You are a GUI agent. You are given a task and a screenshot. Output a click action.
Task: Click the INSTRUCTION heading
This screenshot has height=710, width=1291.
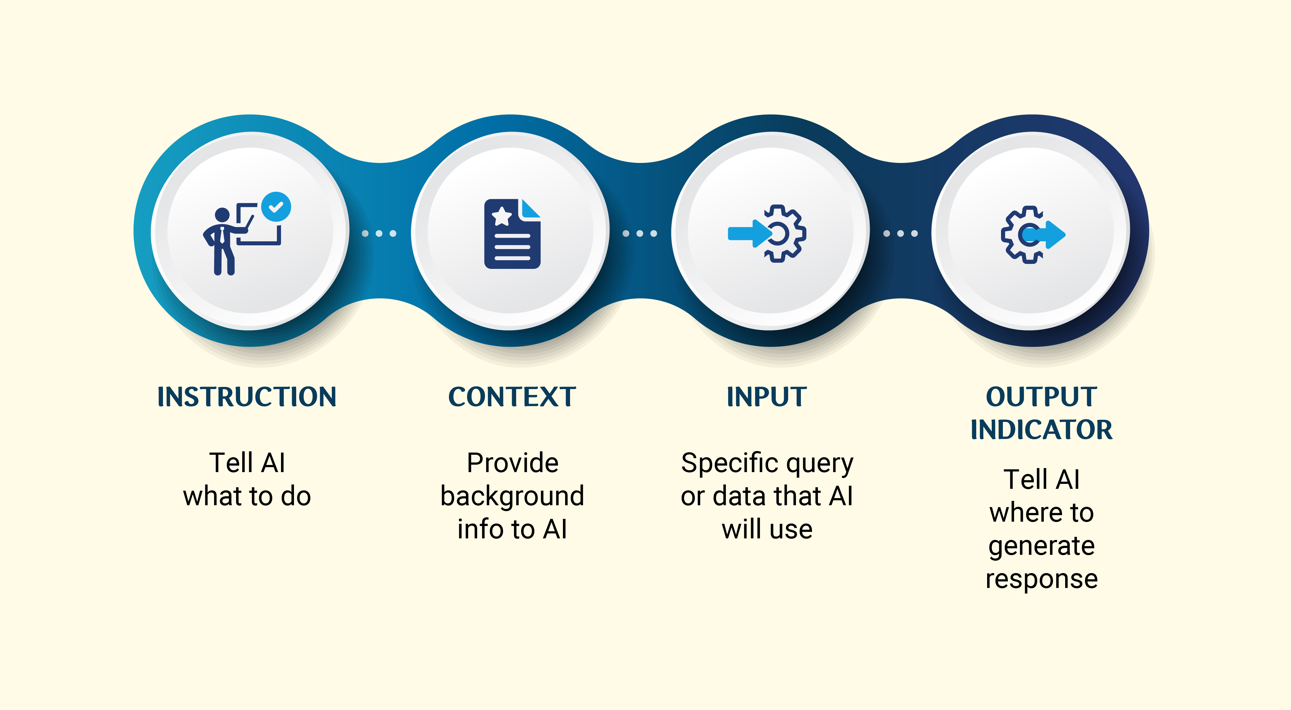(x=247, y=397)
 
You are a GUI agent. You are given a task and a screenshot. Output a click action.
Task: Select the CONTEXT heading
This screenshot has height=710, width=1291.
(x=512, y=397)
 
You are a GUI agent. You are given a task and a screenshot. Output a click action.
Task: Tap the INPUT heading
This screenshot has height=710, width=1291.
(x=767, y=397)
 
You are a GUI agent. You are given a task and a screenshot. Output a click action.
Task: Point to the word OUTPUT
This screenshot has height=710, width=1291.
(x=1041, y=397)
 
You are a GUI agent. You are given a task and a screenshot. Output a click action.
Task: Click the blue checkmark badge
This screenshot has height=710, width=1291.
(x=276, y=206)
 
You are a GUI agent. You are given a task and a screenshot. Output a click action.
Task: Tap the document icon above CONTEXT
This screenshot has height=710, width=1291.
(x=512, y=234)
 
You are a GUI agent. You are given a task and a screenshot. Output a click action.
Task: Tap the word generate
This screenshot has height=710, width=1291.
(x=1041, y=546)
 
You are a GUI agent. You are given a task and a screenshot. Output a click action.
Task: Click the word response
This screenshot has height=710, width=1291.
(x=1041, y=580)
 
